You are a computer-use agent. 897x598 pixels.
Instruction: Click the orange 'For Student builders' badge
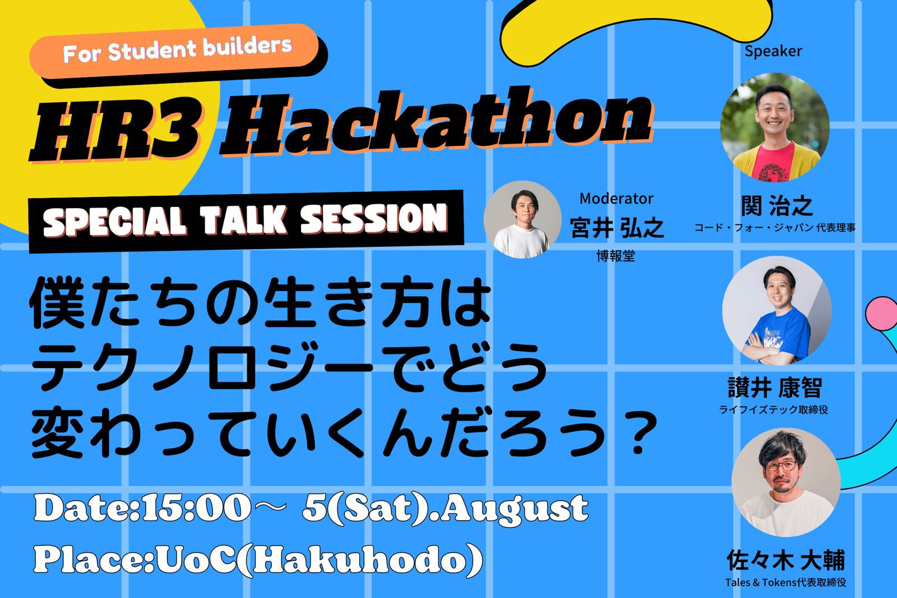coord(174,51)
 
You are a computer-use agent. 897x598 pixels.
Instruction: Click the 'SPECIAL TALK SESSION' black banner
coord(246,221)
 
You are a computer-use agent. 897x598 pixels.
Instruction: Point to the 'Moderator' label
coord(616,199)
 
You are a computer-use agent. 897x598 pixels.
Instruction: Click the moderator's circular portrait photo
coord(523,219)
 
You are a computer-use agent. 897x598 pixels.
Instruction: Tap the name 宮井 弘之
coord(617,228)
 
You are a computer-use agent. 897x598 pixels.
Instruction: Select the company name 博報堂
coord(616,256)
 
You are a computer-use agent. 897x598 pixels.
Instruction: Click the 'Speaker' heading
coord(773,51)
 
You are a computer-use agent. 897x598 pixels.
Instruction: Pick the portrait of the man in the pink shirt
coord(775,127)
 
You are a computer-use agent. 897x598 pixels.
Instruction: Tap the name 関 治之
coord(776,206)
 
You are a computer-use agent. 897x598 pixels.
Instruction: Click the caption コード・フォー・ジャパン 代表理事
coord(775,228)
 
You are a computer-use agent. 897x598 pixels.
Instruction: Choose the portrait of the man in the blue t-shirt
coord(777,311)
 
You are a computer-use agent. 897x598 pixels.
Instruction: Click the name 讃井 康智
coord(775,388)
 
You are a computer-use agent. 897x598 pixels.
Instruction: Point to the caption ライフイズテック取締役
coord(774,410)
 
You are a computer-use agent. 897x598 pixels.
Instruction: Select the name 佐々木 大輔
coord(785,560)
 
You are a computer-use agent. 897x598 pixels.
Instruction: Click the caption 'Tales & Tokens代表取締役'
coord(785,582)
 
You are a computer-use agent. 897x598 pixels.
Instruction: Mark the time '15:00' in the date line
coord(196,508)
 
